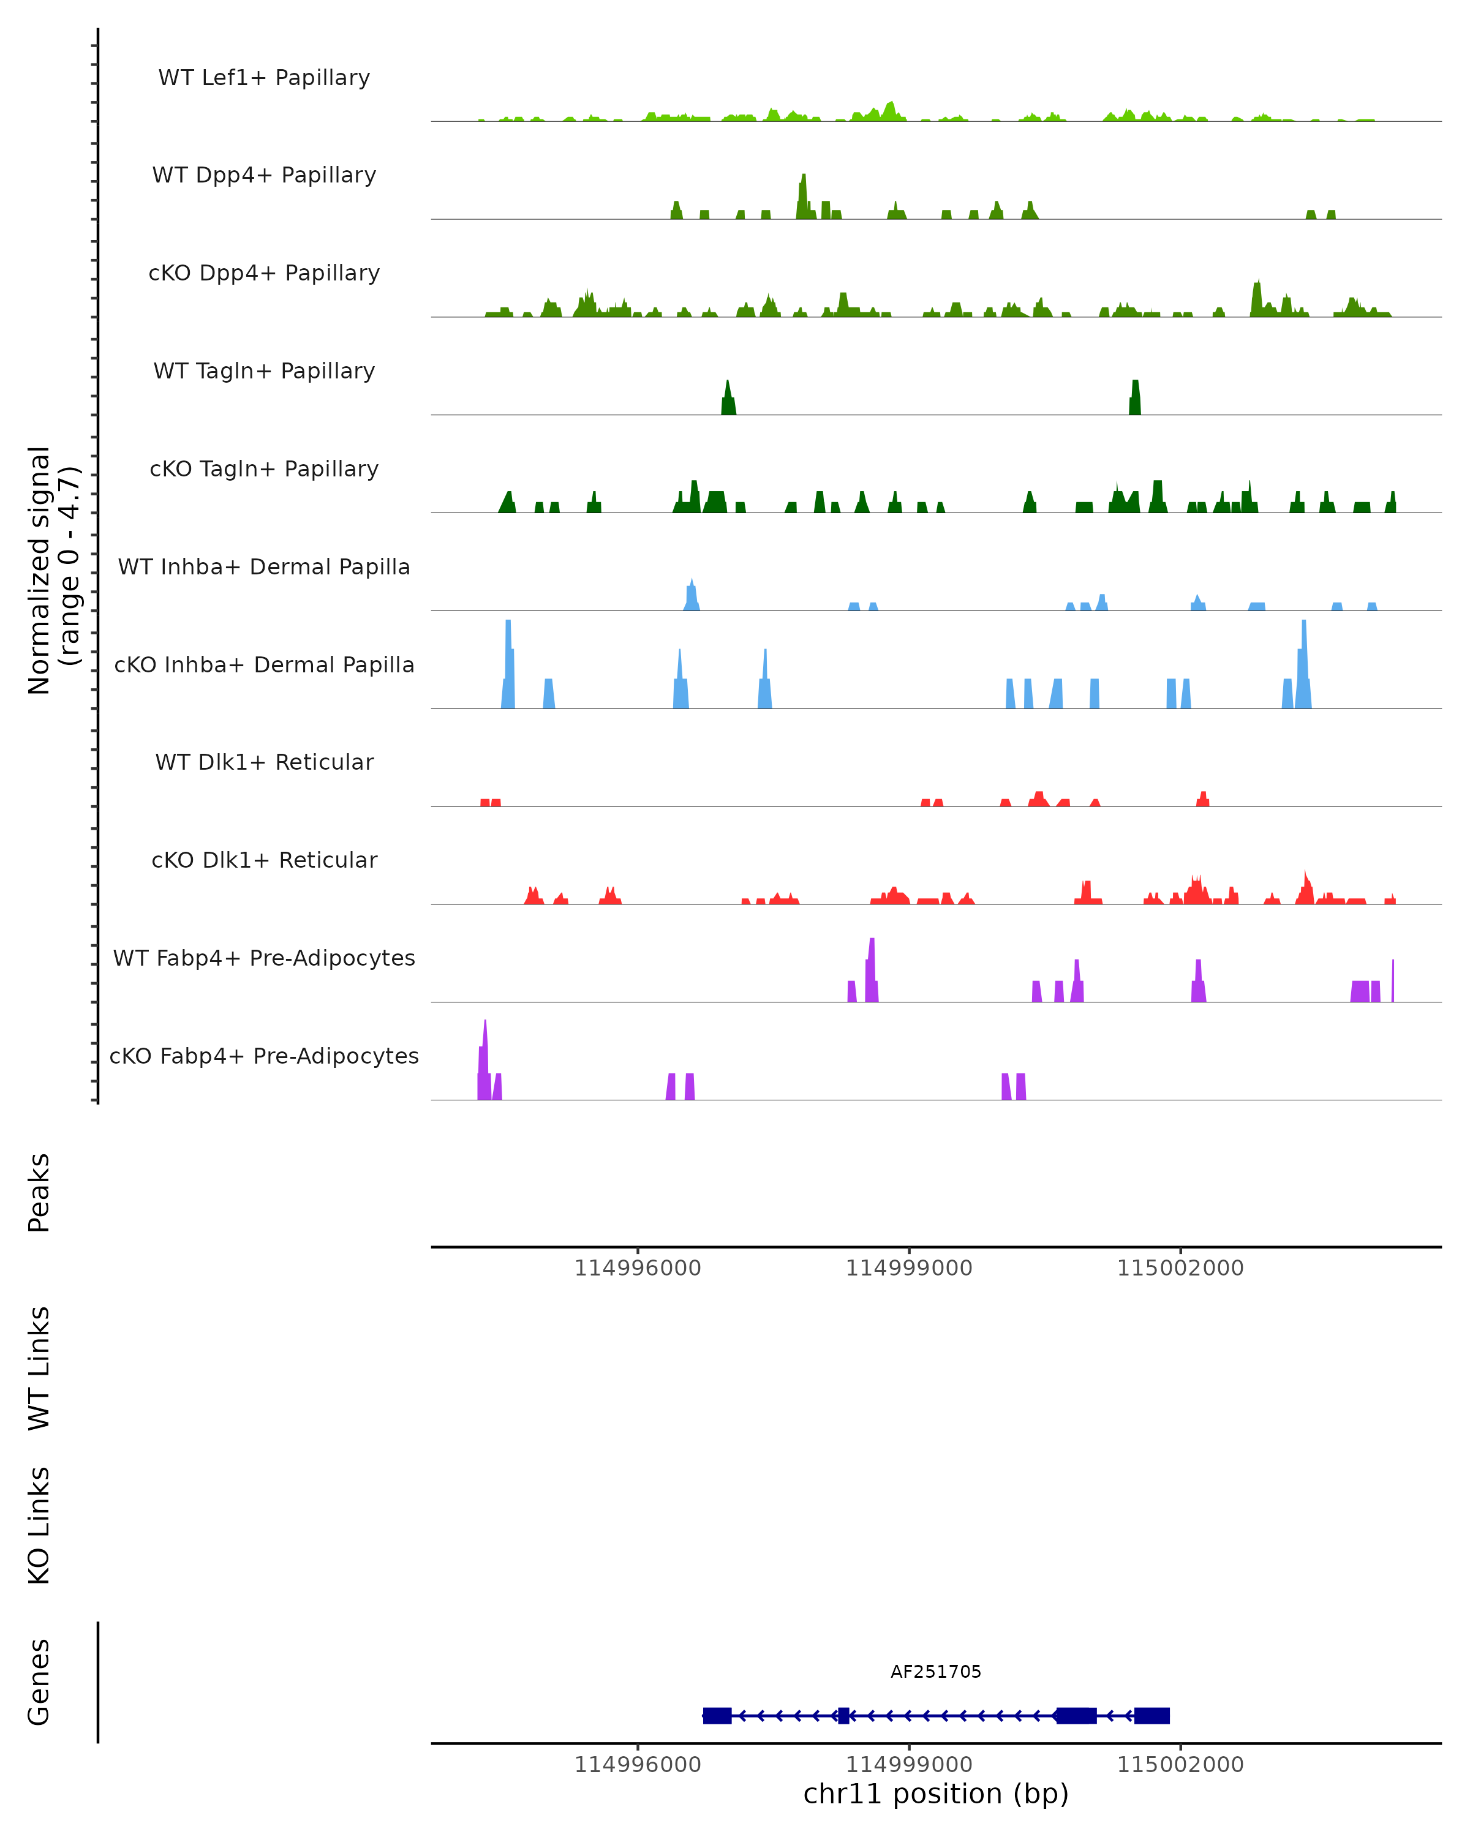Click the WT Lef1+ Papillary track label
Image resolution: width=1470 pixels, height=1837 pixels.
point(264,78)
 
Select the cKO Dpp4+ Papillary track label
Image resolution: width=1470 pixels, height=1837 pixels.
point(264,274)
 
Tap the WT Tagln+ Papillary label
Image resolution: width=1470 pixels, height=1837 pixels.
point(264,372)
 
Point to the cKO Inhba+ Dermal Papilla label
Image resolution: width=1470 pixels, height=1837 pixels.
point(264,666)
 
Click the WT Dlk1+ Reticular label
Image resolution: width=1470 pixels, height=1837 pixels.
point(264,762)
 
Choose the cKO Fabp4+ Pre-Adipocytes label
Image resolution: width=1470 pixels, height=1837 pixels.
point(264,1056)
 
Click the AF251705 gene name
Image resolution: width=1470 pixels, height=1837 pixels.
point(936,1672)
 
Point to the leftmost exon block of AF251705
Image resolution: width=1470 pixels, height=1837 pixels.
point(717,1716)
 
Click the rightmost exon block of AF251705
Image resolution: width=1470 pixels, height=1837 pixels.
point(1152,1716)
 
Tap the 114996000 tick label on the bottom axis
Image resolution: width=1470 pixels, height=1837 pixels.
point(638,1765)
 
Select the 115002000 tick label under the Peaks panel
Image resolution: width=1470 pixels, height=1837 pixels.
point(1180,1269)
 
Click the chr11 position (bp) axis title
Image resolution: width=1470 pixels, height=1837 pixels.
point(936,1794)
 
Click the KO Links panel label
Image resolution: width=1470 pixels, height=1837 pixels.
point(39,1526)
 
